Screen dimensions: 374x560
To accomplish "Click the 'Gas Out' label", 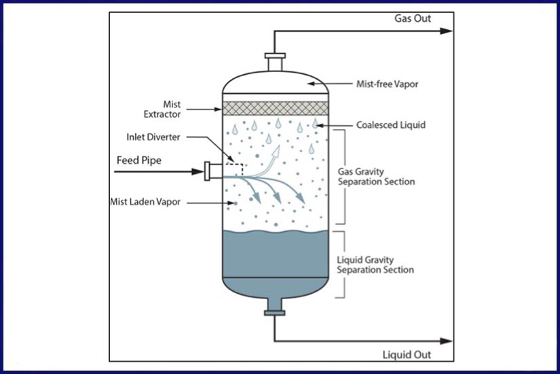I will (x=413, y=18).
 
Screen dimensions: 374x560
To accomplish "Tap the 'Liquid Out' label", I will (x=407, y=355).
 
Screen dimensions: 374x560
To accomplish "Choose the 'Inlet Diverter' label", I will (x=153, y=136).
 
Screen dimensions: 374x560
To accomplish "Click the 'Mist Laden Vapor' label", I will (x=145, y=202).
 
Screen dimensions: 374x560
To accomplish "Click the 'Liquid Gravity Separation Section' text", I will (x=375, y=265).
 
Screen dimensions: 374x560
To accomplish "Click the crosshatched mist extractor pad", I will (x=276, y=108).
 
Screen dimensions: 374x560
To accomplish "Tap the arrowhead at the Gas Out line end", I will (x=447, y=31).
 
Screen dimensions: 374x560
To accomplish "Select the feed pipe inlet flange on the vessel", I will (x=207, y=171).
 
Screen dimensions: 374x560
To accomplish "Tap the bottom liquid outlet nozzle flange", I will (x=275, y=312).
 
